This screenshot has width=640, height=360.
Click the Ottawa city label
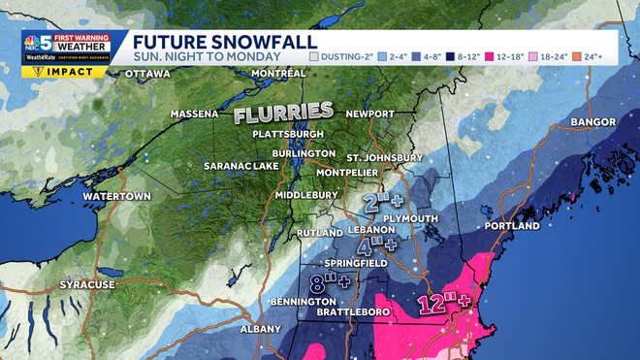click(x=148, y=73)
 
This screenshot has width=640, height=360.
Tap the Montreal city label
click(x=250, y=73)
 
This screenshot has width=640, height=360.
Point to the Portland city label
click(x=510, y=225)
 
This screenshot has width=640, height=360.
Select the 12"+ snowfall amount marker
click(x=444, y=304)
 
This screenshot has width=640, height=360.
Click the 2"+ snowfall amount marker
click(x=382, y=202)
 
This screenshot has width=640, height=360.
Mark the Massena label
click(x=195, y=114)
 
